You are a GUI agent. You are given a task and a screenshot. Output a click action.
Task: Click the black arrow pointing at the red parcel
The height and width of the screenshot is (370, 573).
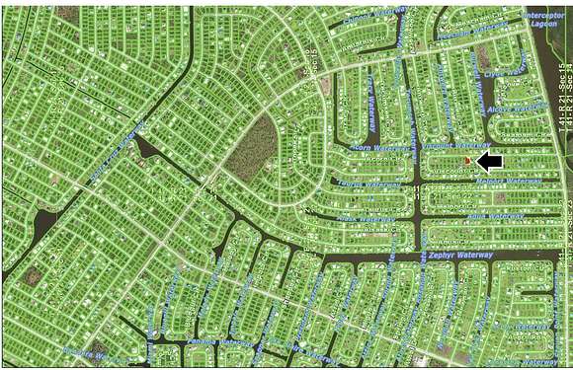coord(490,160)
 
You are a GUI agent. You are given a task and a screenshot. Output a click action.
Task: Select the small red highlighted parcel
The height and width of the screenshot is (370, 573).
coord(467,160)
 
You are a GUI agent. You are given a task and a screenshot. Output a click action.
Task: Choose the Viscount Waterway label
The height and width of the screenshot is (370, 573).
coord(449,144)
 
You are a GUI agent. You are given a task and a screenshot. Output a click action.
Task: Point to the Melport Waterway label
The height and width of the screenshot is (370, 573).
coord(510,182)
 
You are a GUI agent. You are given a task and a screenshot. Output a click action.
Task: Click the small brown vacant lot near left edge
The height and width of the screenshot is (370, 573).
coord(32,277)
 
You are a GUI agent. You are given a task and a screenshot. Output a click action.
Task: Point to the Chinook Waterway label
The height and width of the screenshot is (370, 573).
coord(370,18)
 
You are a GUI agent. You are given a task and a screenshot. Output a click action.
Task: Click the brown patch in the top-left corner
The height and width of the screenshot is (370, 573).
coord(66,14)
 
